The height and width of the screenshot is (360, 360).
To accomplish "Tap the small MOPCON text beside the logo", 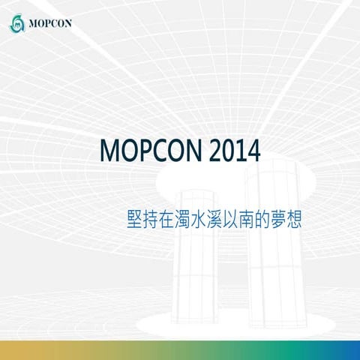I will tap(50, 23).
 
